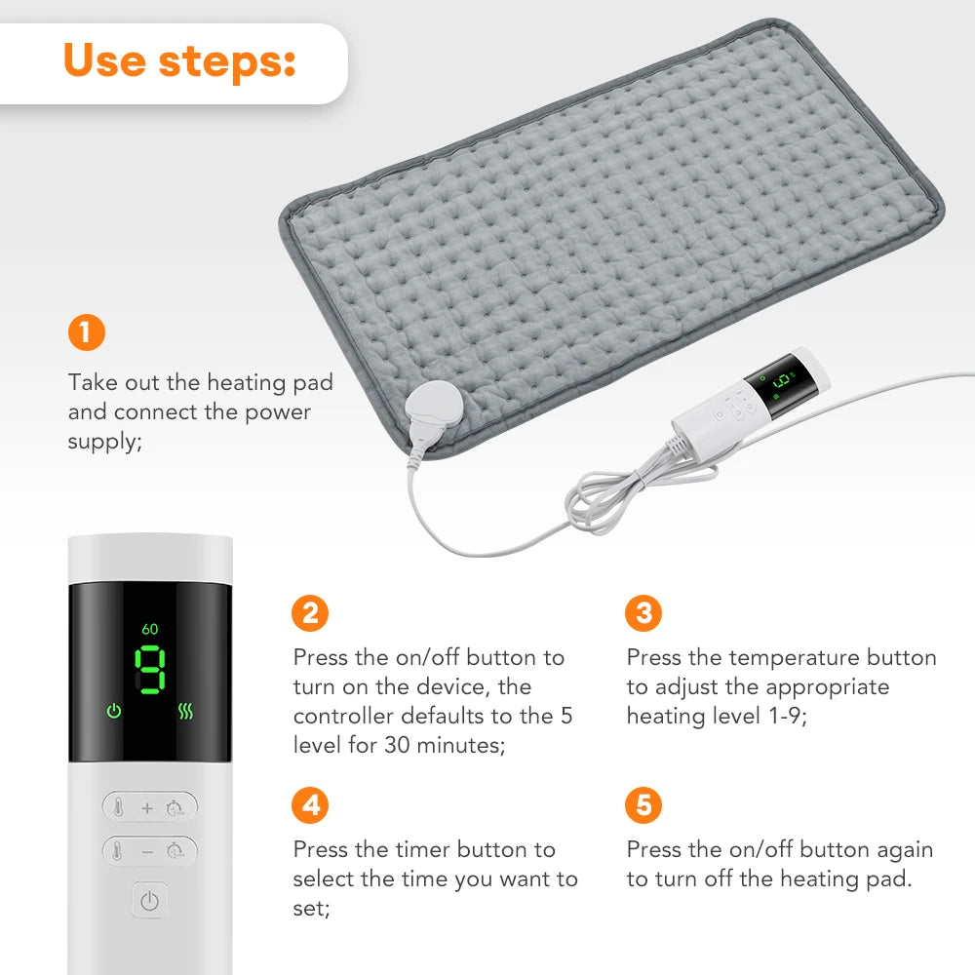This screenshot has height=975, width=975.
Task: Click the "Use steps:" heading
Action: (179, 60)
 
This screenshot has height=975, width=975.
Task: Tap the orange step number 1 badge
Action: (86, 333)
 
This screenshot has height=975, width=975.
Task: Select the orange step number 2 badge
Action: (310, 613)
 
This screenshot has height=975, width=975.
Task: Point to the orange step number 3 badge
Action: (643, 613)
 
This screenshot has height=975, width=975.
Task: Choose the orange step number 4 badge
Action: (310, 806)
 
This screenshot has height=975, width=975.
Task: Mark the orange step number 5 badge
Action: (643, 806)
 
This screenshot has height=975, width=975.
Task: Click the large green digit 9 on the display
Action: (150, 672)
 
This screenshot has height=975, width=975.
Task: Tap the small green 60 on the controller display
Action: (149, 629)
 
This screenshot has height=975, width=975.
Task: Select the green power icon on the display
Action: (114, 711)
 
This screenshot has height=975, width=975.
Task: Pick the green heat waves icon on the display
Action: (186, 711)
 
